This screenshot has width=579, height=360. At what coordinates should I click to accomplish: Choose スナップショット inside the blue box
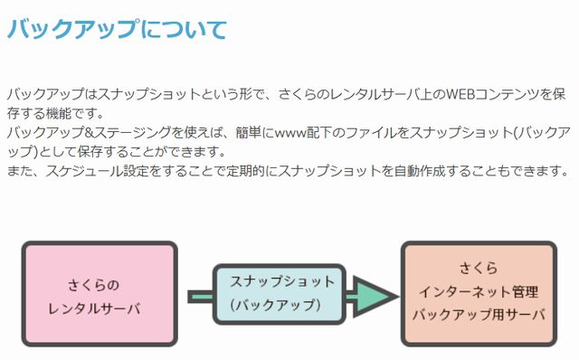tap(281, 280)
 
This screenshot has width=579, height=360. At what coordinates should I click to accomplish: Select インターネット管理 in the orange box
tap(479, 292)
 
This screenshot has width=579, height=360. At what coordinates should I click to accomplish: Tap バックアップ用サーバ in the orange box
tap(479, 315)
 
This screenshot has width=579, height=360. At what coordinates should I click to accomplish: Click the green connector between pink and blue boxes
tap(198, 296)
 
